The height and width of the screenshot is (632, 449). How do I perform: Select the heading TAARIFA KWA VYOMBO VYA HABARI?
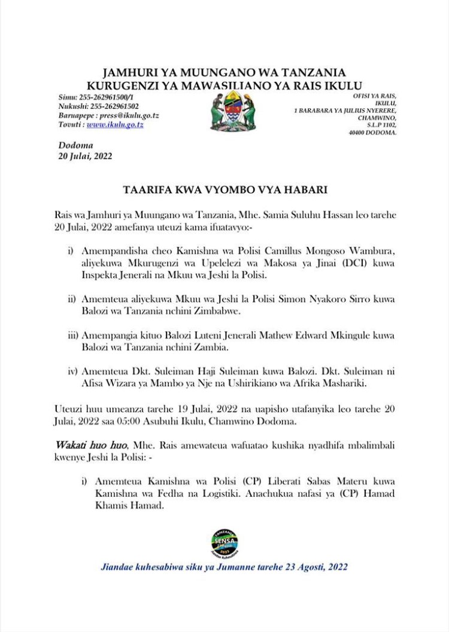[x=224, y=190]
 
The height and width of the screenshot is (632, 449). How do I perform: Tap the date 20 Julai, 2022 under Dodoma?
[x=86, y=156]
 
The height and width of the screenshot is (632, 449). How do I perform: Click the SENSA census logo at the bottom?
[x=224, y=541]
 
